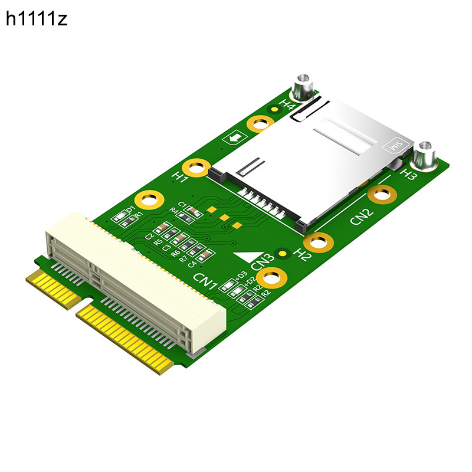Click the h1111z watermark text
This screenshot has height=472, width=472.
[x=37, y=19]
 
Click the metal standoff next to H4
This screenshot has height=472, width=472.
[x=303, y=88]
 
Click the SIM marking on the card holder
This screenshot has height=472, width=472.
[x=392, y=144]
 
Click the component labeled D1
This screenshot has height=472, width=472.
[x=122, y=217]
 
